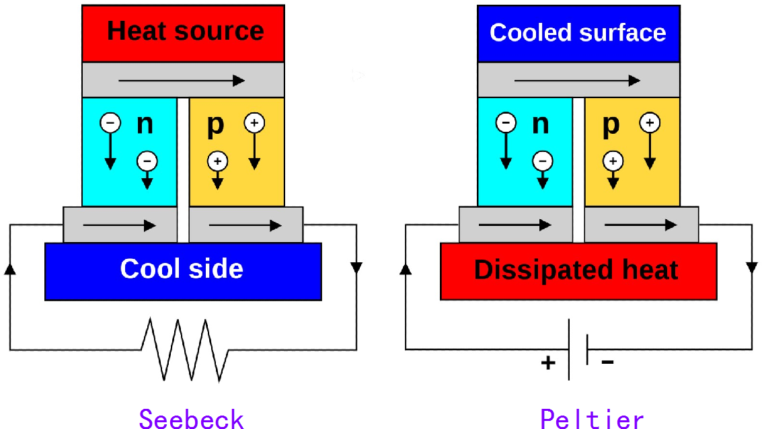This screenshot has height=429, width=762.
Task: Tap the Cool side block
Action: [x=182, y=270]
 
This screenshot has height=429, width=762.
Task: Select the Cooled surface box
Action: [x=578, y=33]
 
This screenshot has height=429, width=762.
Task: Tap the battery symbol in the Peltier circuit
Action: [x=578, y=349]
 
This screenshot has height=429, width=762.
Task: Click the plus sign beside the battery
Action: [x=549, y=363]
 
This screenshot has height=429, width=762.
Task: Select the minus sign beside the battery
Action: [x=607, y=362]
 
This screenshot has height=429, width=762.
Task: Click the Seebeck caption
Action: [x=191, y=418]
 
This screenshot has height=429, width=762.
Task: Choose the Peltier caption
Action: [x=592, y=418]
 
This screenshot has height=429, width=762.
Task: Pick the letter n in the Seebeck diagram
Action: [x=145, y=124]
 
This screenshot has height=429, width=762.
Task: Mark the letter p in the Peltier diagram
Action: [x=610, y=125]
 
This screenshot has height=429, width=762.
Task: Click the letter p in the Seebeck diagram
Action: [x=215, y=125]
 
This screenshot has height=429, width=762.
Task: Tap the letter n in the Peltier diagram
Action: [x=540, y=124]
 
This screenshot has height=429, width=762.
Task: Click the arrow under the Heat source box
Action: [x=182, y=81]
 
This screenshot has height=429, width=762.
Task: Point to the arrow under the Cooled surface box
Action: [x=577, y=81]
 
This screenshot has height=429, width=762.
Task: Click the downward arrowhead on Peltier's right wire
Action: [x=752, y=268]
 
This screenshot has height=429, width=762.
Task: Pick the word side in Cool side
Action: [x=215, y=269]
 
